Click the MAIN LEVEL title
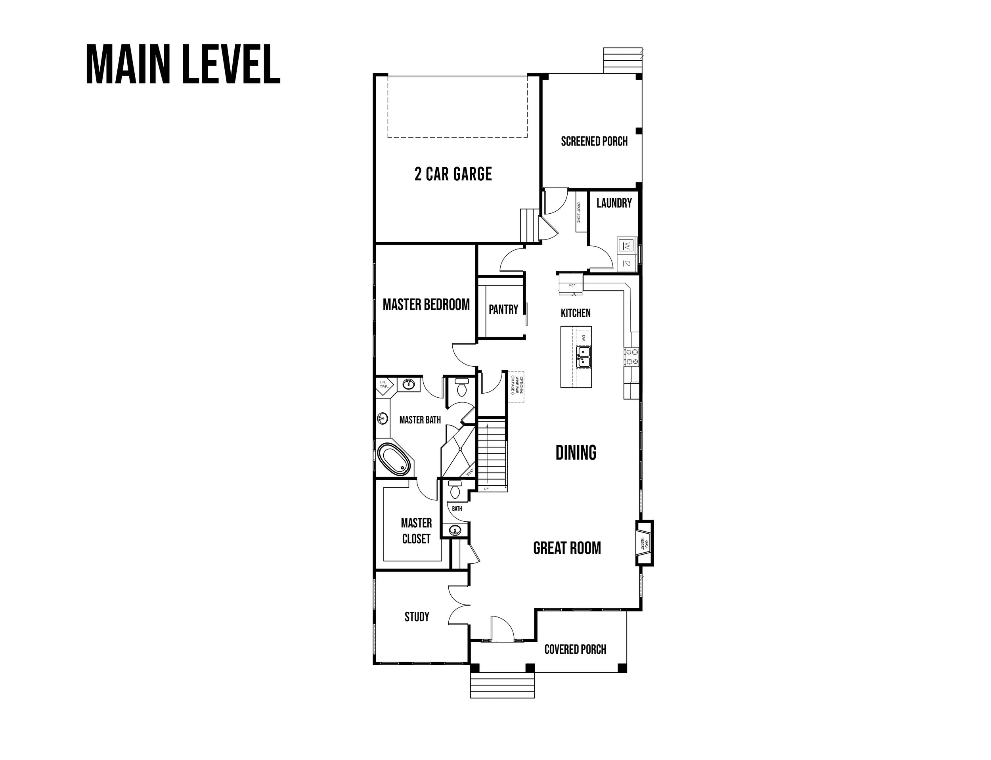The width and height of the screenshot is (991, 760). [x=183, y=64]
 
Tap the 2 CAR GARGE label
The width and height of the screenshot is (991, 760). [x=453, y=174]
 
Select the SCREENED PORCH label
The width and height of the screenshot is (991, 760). [x=594, y=142]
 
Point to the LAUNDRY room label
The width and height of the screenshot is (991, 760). [x=613, y=203]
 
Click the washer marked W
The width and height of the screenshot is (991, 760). [x=626, y=246]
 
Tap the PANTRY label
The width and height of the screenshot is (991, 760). [x=503, y=309]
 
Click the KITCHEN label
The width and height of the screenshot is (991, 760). [x=575, y=312]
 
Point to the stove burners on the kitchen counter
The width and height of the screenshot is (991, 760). [x=631, y=356]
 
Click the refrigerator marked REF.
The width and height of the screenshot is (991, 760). [x=572, y=285]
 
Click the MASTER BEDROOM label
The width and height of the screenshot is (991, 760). [x=426, y=305]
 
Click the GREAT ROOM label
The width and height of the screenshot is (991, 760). [x=567, y=548]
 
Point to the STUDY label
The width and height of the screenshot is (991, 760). [x=417, y=616]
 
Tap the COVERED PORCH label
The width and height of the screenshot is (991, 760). [x=575, y=649]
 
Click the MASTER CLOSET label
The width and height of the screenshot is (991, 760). [x=416, y=530]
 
